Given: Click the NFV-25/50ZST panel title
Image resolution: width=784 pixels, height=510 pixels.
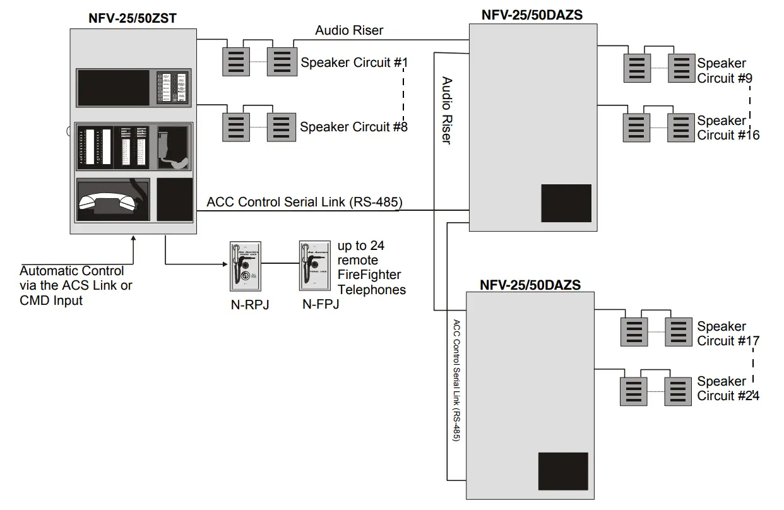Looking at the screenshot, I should click(x=132, y=18).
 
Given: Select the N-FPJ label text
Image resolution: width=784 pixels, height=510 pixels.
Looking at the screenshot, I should click(x=320, y=305).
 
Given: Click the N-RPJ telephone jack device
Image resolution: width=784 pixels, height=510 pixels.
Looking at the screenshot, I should click(x=243, y=264).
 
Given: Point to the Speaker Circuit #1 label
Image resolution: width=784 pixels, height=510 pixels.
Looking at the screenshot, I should click(x=354, y=62).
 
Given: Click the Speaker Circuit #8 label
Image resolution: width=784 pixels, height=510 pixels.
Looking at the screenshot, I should click(x=353, y=127).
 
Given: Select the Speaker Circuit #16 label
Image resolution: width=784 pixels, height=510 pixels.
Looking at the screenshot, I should click(x=728, y=127).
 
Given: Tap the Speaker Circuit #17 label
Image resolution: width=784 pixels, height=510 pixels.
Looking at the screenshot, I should click(x=728, y=333).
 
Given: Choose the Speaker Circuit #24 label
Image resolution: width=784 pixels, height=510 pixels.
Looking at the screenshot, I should click(x=728, y=388).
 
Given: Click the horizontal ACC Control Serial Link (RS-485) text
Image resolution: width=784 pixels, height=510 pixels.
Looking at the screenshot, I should click(x=304, y=202).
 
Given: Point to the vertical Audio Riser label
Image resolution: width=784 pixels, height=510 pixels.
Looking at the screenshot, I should click(x=446, y=110).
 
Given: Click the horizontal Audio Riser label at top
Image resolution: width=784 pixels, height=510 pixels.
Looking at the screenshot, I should click(x=349, y=30).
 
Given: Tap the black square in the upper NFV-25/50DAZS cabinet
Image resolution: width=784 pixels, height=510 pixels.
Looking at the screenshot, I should click(x=566, y=203).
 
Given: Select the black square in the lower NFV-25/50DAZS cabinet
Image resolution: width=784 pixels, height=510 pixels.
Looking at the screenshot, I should click(x=562, y=471).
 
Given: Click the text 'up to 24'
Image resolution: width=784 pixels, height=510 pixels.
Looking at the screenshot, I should click(x=361, y=246).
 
